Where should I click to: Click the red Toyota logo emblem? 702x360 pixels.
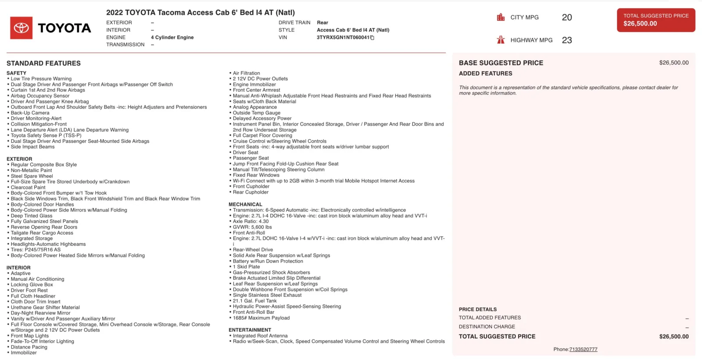pos(21,28)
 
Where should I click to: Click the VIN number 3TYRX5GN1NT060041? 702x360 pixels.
pos(343,38)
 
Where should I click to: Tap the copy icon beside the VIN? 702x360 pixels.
pos(372,38)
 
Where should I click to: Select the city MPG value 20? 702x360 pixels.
pos(567,18)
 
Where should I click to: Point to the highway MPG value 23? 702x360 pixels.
pos(567,40)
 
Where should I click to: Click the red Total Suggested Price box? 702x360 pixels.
pos(656,20)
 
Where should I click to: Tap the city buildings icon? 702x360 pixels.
pos(501,18)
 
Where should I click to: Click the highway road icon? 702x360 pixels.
pos(501,40)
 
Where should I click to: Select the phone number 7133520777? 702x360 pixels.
pos(583,349)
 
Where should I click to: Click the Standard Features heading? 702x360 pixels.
pos(43,63)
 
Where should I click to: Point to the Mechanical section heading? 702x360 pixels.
pos(245,205)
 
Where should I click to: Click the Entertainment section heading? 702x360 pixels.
pos(250,330)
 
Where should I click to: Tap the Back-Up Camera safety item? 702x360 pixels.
pos(30,113)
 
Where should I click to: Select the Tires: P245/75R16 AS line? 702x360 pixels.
pos(36,250)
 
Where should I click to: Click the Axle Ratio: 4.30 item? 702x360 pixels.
pos(251,222)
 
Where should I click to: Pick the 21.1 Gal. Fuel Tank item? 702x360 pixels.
pos(254,301)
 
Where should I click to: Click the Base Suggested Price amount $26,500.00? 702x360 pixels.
pos(673,63)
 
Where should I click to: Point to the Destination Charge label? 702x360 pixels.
pos(487,327)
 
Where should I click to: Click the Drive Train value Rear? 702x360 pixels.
pos(322,23)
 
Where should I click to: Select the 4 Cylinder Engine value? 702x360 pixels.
pos(172,38)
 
